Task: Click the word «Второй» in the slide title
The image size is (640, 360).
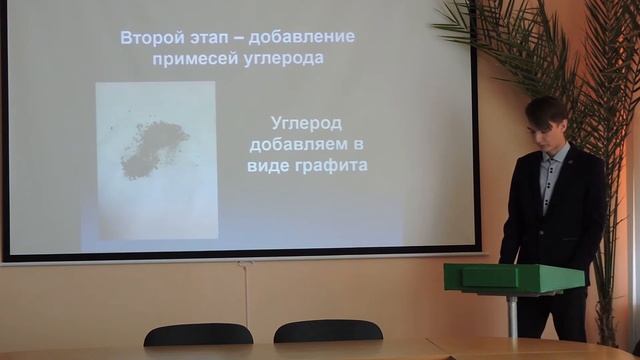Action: point(146,38)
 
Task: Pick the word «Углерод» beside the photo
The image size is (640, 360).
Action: point(306,123)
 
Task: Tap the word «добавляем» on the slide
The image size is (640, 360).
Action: point(306,144)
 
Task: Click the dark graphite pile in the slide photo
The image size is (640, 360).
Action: point(152,147)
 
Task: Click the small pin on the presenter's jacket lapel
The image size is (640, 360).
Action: point(566,156)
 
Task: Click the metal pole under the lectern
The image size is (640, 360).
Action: point(512,316)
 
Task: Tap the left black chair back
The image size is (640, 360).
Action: point(198,334)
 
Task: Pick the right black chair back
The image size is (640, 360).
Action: point(327,331)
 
